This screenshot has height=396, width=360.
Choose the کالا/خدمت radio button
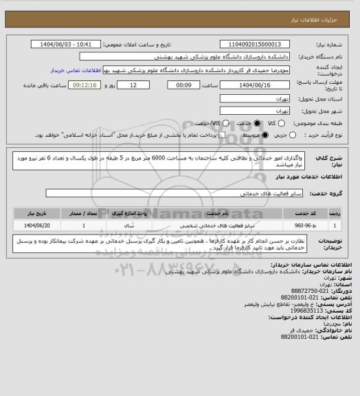[x=218, y=123]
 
